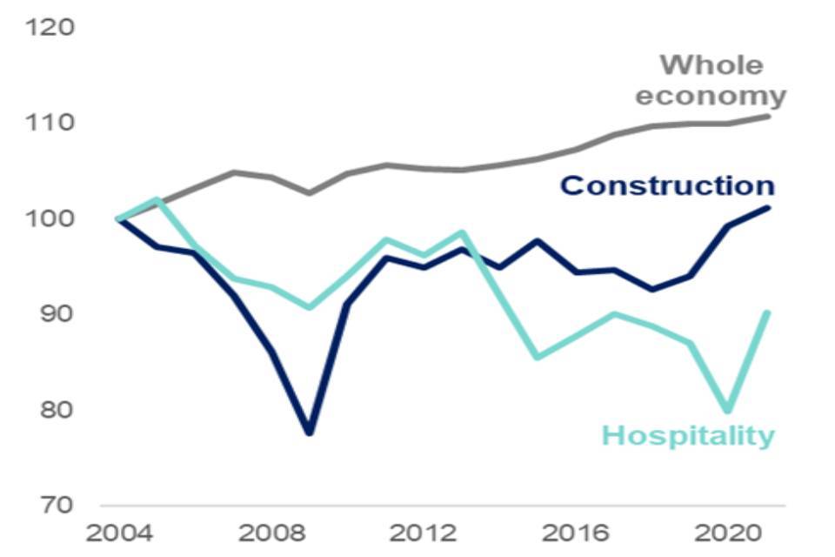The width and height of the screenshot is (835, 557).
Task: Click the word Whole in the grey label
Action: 711,65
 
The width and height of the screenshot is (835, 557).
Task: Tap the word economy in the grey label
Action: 710,96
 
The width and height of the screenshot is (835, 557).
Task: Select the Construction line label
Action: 667,185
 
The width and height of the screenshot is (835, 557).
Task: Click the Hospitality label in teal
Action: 687,435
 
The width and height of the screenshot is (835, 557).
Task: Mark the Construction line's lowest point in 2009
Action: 309,433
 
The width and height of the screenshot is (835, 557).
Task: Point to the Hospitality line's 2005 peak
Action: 157,199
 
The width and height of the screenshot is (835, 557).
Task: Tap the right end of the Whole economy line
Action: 768,116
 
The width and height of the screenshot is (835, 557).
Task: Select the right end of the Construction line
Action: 768,207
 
